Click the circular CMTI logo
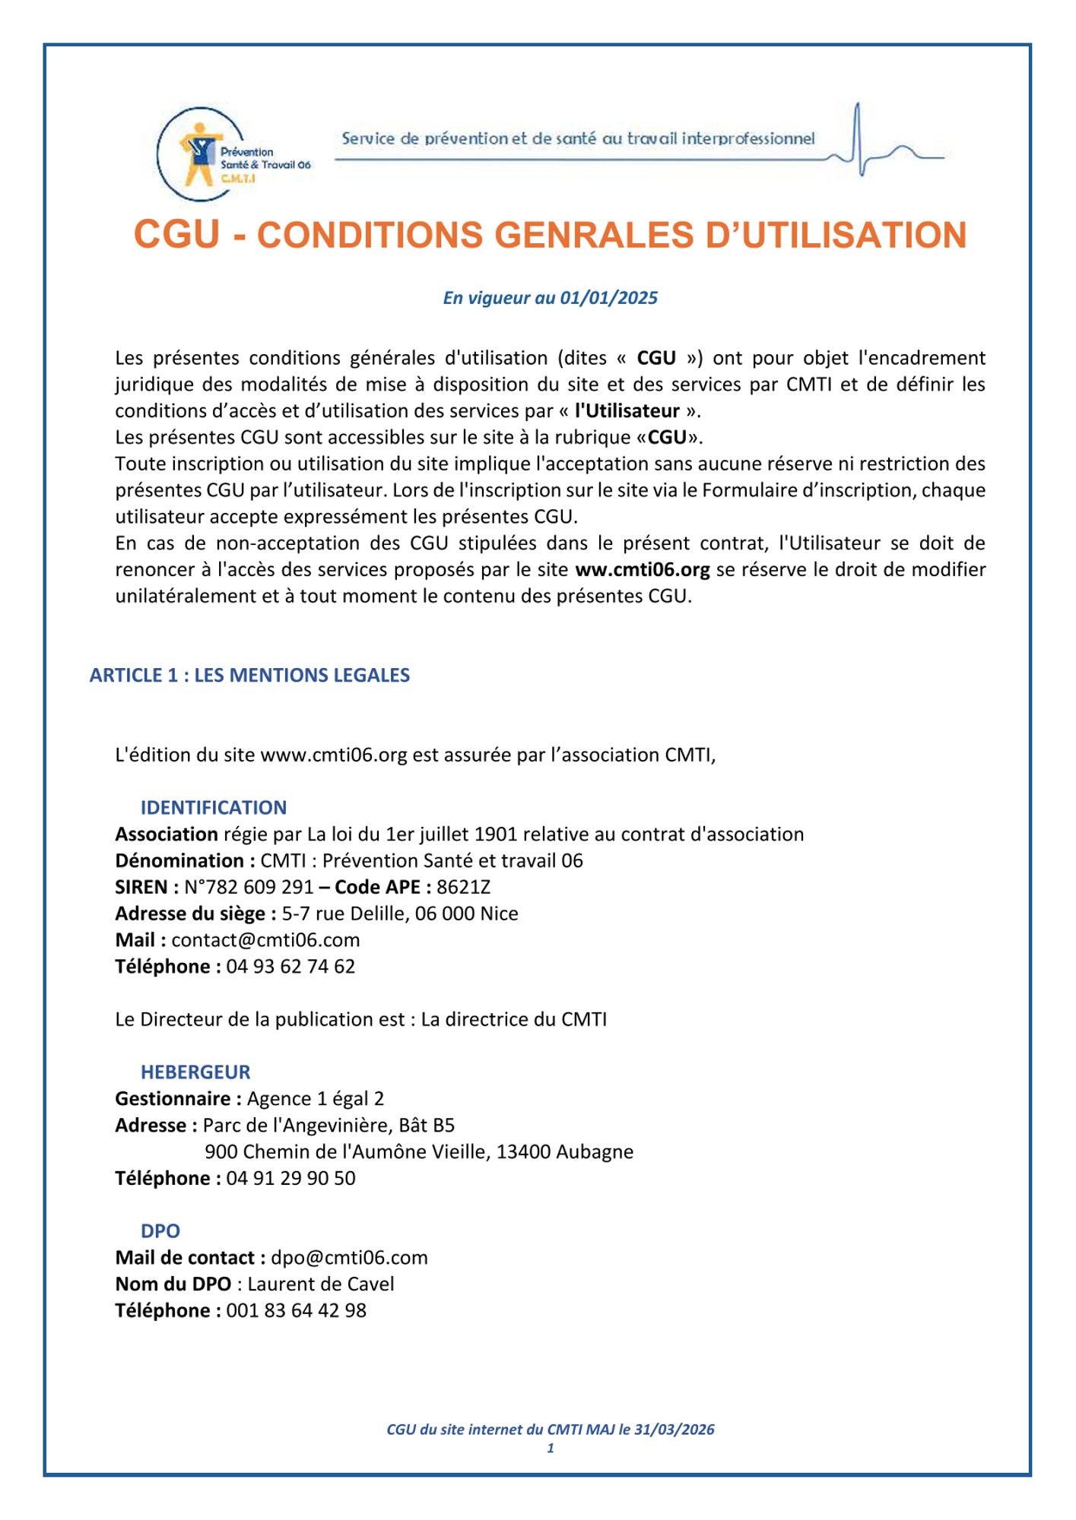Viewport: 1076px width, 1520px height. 202,154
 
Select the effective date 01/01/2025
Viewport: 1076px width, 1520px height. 608,298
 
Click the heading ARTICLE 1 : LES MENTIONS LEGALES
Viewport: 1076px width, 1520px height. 249,675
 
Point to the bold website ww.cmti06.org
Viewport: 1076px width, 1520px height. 642,569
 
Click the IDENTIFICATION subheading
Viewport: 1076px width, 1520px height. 214,807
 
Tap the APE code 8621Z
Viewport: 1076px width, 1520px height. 464,887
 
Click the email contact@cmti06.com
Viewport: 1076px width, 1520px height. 265,940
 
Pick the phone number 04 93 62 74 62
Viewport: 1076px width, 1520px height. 290,967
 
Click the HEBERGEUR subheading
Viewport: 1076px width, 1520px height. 195,1072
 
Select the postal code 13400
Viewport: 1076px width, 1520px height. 523,1151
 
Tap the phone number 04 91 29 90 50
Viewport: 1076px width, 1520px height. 290,1178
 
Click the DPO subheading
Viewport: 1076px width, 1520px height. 160,1231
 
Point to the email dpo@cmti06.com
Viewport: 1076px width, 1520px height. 349,1258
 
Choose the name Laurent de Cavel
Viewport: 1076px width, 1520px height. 321,1284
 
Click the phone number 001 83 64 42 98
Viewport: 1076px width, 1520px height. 296,1311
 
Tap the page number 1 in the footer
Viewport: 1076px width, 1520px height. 551,1449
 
